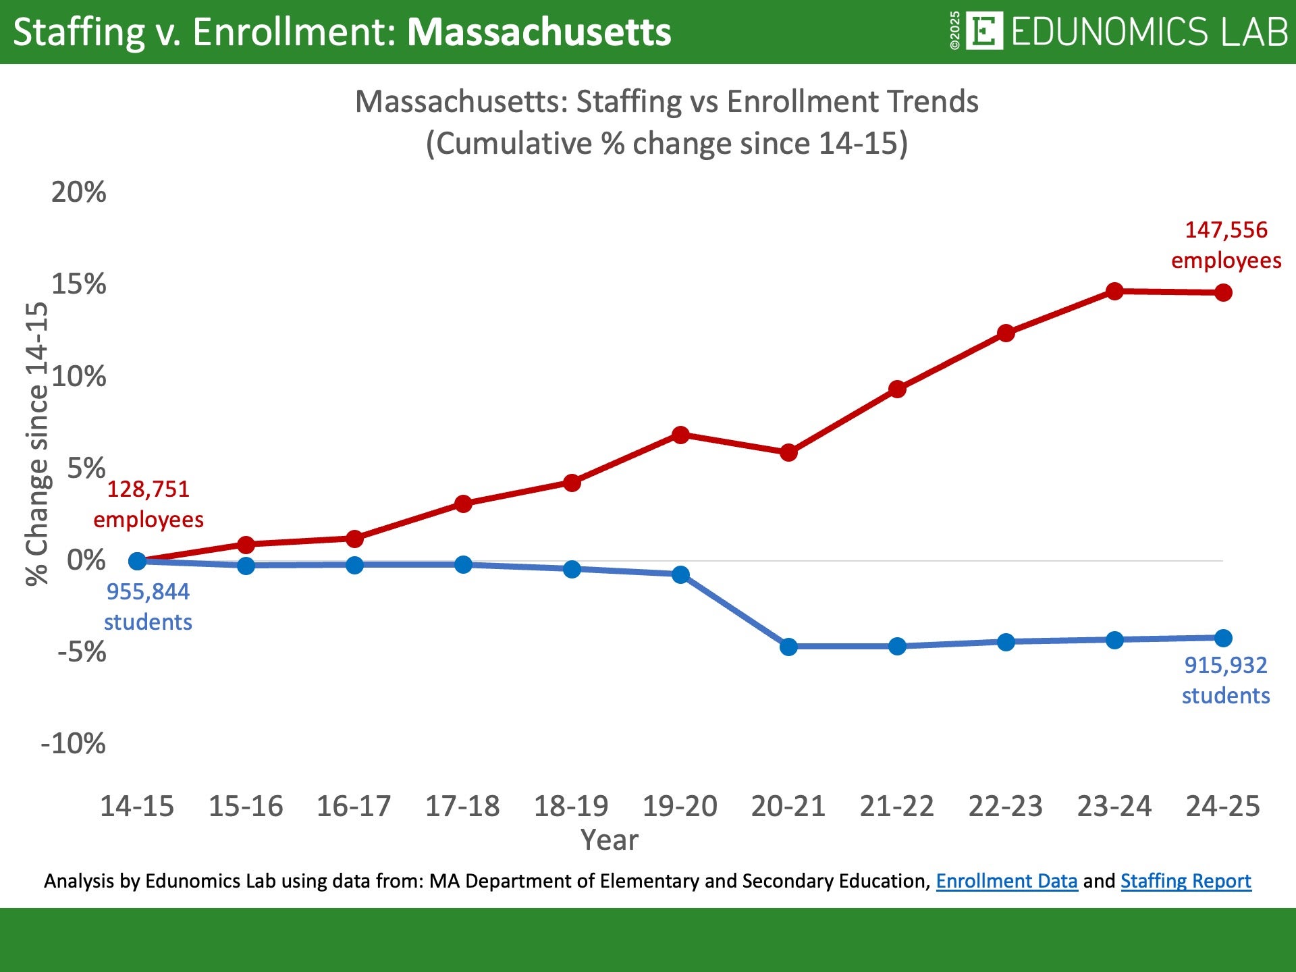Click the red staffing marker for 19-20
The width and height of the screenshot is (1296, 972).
pos(680,435)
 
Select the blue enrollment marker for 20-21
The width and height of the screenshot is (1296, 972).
pos(788,647)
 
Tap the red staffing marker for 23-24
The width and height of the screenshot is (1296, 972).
pos(1114,292)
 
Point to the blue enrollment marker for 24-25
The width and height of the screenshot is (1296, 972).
pos(1223,638)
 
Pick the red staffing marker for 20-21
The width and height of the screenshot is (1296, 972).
pos(788,452)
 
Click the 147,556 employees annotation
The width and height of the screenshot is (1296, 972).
pos(1226,245)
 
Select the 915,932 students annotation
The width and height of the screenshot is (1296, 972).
pos(1226,680)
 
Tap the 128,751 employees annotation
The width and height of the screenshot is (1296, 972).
pos(148,504)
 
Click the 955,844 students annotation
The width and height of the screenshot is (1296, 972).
pos(148,607)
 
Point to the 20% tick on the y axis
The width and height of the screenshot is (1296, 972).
pos(79,192)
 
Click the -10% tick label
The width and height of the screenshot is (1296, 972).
pos(74,744)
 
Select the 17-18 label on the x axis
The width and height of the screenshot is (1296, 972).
pos(462,806)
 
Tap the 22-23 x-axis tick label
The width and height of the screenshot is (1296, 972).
pos(1006,806)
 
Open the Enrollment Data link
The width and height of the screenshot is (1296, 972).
pos(1006,881)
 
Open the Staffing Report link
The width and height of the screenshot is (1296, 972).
pos(1186,881)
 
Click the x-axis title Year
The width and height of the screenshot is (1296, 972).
pos(610,840)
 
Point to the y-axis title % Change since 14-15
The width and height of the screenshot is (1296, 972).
pos(37,443)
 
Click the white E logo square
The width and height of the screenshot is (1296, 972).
pos(984,31)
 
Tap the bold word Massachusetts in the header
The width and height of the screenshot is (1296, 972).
pos(539,32)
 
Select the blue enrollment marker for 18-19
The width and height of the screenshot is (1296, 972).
pos(572,569)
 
